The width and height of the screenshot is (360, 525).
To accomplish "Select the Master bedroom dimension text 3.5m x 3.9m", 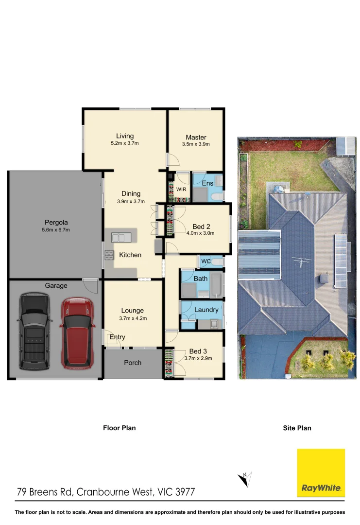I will tap(196, 144).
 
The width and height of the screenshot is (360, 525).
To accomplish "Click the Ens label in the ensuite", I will tap(207, 183).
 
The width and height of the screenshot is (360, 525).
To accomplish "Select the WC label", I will tap(206, 262).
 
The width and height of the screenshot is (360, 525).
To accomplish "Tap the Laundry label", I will tap(206, 310).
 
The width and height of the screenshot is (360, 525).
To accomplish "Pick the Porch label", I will tap(133, 363).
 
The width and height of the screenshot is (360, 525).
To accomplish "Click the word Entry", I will tap(117, 337).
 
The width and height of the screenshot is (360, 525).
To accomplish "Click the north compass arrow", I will tap(244, 479).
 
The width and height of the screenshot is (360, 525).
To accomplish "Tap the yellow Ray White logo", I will tap(321, 472).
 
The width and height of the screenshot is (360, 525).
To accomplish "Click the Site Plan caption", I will tap(297, 428).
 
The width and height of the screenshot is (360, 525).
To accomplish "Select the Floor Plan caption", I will tap(119, 428).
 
